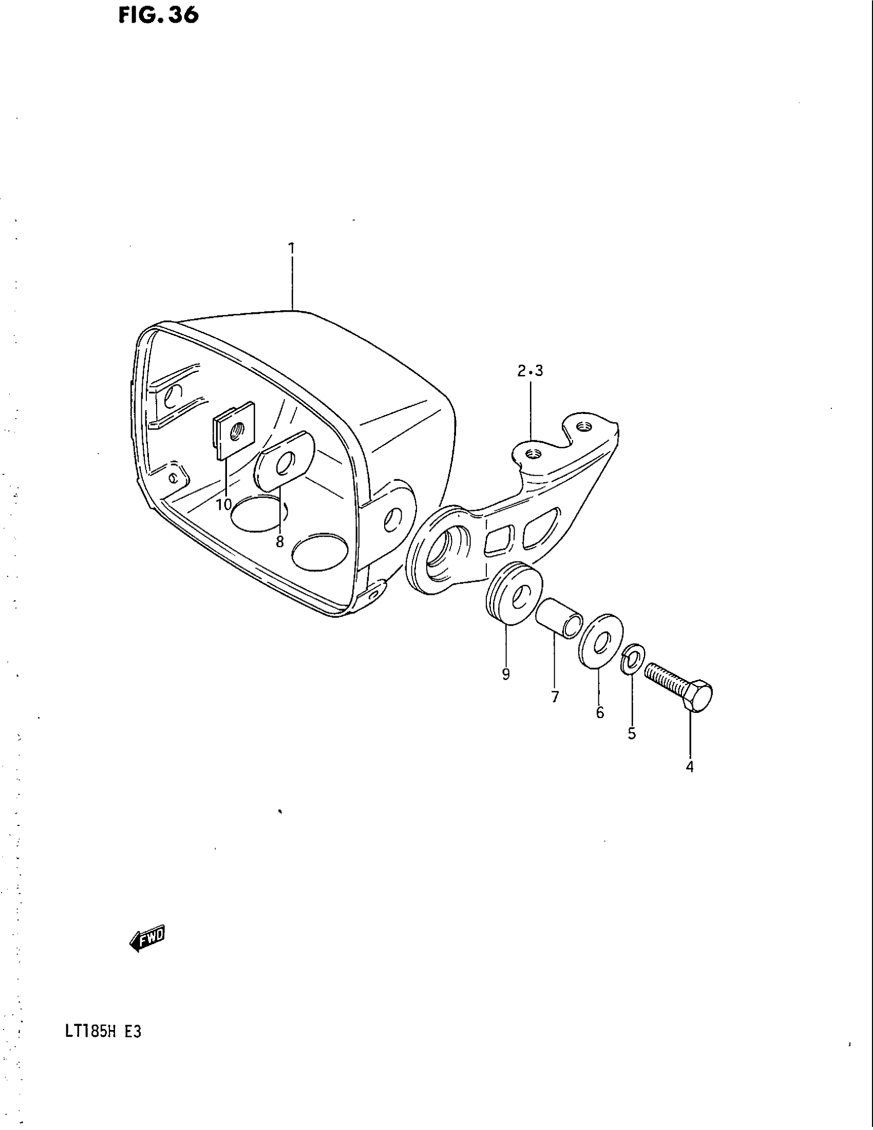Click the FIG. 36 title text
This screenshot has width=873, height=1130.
point(158,16)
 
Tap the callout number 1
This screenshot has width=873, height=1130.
point(292,249)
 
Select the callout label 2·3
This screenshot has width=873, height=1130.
point(530,371)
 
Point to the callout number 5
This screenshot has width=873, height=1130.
point(632,733)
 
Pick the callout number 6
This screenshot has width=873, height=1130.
point(600,713)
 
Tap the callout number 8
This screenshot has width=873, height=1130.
point(280,542)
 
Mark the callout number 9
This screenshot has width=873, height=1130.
point(506,674)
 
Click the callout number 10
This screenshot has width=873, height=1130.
point(224,504)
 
